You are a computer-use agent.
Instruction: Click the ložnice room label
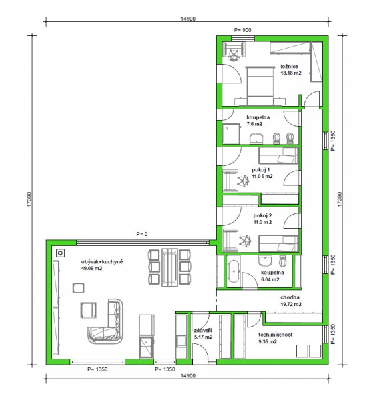click(x=289, y=66)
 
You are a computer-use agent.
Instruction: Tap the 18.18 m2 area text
click(x=291, y=73)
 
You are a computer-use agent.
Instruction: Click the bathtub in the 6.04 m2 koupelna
click(x=234, y=271)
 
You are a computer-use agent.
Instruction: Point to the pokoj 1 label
click(x=261, y=169)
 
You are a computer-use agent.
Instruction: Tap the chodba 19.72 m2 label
click(x=291, y=301)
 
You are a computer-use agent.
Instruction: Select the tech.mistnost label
click(x=275, y=335)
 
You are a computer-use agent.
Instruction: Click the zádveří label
click(x=203, y=331)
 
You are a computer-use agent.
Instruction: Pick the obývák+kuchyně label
click(x=102, y=262)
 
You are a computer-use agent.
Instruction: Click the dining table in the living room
click(x=170, y=267)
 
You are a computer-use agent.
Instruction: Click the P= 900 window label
click(x=242, y=30)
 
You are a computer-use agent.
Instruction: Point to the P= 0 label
click(x=142, y=234)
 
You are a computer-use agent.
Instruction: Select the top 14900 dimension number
click(x=188, y=19)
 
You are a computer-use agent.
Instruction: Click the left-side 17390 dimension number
click(x=29, y=199)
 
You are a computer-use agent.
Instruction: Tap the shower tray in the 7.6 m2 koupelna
click(x=231, y=134)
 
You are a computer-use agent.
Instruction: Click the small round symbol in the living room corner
click(x=61, y=253)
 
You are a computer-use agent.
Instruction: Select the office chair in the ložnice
click(x=234, y=55)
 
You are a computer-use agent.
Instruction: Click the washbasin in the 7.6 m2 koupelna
click(x=256, y=138)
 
